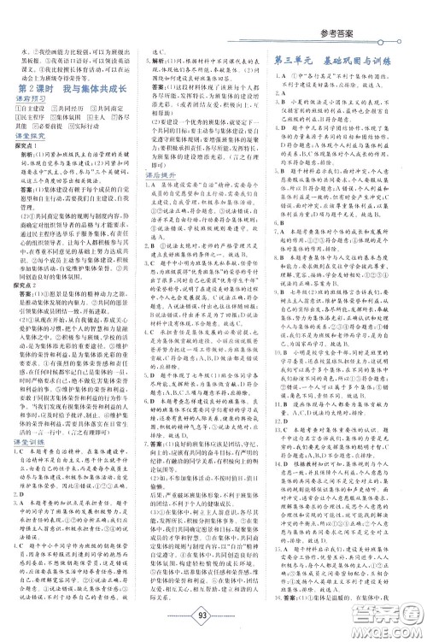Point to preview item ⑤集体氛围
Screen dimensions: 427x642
tap(72, 121)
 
